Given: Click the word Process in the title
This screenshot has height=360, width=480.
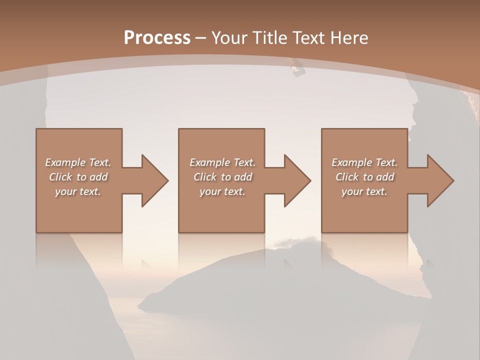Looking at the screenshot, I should (x=157, y=37).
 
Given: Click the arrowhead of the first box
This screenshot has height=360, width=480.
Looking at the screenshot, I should (x=152, y=180).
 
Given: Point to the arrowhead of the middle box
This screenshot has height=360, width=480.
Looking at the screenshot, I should (x=295, y=180).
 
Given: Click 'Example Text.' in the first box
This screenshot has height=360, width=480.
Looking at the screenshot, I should (x=78, y=162).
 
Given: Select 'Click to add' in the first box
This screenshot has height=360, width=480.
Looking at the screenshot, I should (x=78, y=177).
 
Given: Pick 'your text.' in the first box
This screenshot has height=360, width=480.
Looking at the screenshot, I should (x=78, y=191).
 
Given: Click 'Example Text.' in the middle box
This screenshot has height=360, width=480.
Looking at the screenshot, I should (x=222, y=162).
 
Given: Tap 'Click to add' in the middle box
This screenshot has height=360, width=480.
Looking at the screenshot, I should (x=222, y=177).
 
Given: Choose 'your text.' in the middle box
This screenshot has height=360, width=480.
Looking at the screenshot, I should (x=222, y=191).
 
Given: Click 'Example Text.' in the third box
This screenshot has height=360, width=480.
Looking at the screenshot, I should (x=364, y=162).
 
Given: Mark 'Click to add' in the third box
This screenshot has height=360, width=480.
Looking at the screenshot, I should (x=364, y=177).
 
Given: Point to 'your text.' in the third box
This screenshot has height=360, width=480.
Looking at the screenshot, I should (x=364, y=191).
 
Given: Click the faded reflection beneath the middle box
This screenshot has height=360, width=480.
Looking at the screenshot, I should (x=221, y=250).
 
